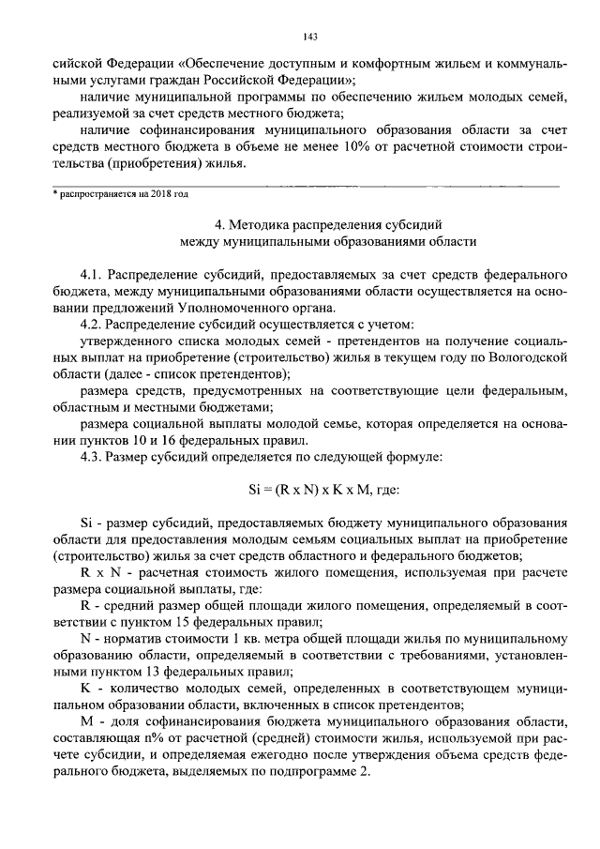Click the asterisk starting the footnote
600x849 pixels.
click(54, 195)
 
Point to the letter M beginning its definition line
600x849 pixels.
click(86, 723)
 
